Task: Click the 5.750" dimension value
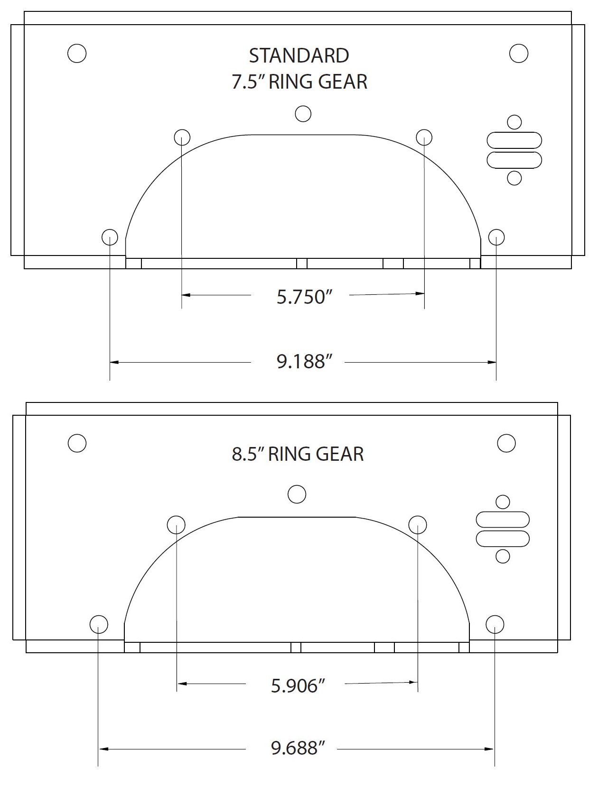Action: pos(303,297)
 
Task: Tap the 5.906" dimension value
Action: pos(298,686)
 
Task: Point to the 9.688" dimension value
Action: pos(298,748)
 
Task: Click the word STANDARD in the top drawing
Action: pos(299,56)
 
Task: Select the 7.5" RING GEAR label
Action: pos(299,82)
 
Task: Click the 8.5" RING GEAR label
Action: pos(298,454)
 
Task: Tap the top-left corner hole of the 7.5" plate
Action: pos(77,53)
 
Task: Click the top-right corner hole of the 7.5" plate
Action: pos(518,53)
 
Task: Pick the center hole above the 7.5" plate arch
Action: pos(303,114)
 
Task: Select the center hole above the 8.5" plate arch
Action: pos(297,494)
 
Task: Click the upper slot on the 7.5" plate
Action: pos(514,141)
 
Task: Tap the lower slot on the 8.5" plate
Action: pos(502,539)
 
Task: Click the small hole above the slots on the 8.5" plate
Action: pos(502,502)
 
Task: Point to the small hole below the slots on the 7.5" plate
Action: pos(514,178)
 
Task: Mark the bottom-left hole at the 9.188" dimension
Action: pos(110,237)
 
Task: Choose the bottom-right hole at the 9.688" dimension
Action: pos(495,624)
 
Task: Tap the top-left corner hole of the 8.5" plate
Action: pos(77,443)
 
